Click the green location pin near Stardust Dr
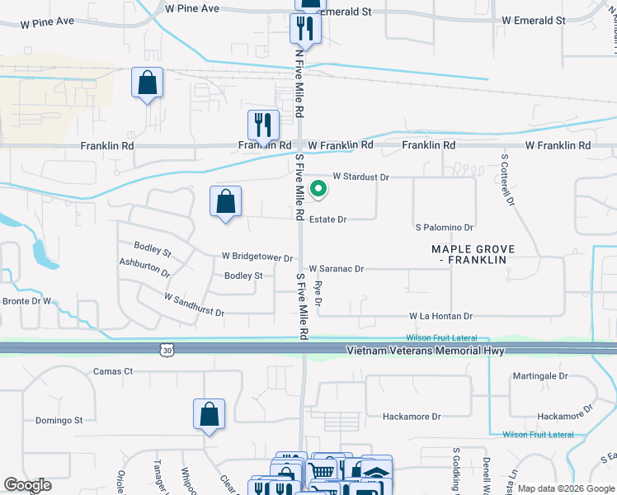(x=318, y=190)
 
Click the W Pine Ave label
(x=192, y=8)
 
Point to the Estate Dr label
(x=327, y=219)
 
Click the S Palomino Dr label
(x=444, y=227)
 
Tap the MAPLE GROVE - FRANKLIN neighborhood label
(x=473, y=254)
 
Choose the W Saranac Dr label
(x=336, y=269)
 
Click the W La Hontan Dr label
(x=440, y=316)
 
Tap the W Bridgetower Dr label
(x=257, y=257)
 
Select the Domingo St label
(x=59, y=420)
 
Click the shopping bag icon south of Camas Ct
(x=210, y=414)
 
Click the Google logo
(x=27, y=485)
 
